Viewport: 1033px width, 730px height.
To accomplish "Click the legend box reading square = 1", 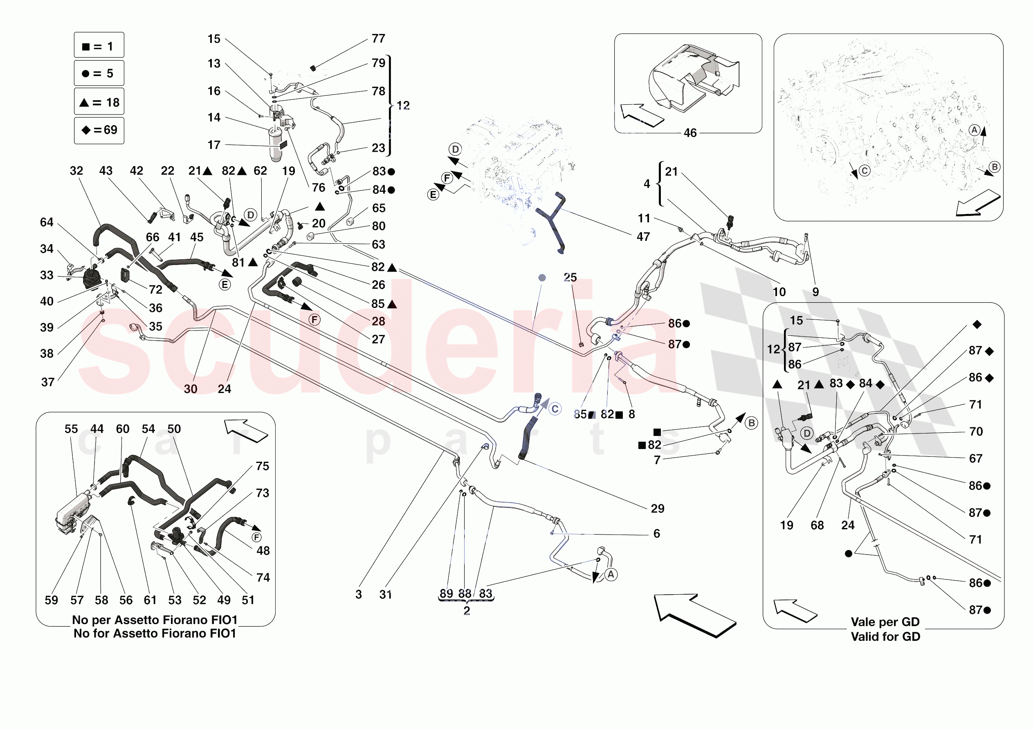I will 99,45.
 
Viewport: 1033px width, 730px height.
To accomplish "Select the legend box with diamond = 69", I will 99,130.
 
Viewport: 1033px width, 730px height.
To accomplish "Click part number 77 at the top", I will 378,39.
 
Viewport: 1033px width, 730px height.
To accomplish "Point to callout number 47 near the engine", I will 643,237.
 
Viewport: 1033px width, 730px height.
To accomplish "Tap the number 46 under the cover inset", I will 690,133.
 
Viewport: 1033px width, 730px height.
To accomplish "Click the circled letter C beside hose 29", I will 555,409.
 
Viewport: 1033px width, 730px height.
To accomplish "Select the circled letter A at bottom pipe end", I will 611,575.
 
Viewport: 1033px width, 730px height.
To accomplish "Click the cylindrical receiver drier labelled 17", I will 276,144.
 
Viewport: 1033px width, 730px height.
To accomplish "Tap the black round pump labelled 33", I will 93,279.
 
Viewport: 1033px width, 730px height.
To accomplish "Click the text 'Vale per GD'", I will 885,622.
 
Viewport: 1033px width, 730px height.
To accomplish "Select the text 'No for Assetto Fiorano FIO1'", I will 155,633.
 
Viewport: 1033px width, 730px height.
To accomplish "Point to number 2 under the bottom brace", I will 467,611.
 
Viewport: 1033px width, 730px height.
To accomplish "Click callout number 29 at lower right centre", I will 657,509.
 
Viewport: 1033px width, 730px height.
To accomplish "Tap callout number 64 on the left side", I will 47,222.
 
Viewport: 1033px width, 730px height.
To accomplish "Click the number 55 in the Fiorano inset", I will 71,429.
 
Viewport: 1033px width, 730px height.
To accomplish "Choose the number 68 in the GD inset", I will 817,525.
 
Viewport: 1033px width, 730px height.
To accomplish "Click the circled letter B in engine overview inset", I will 994,167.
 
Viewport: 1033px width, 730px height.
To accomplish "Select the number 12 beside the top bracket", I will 403,106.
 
